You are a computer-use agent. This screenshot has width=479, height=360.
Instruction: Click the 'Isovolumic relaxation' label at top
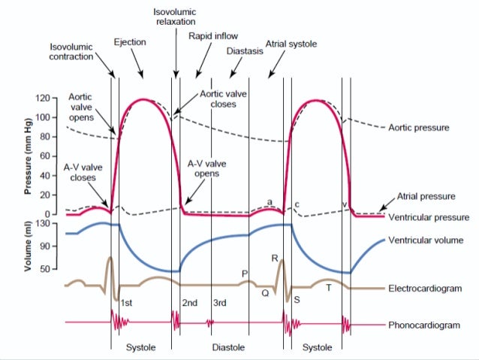[x=175, y=17]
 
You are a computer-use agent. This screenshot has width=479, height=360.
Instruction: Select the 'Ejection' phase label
[x=129, y=42]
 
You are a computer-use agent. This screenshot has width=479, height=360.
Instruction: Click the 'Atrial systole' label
[x=291, y=44]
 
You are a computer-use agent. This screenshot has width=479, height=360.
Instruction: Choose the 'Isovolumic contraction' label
[x=72, y=51]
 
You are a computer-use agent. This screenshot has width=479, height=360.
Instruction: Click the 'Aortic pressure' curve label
[x=419, y=128]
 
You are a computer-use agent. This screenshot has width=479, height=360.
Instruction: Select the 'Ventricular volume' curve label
[x=425, y=241]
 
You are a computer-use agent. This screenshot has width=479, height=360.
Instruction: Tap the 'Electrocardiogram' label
[x=424, y=288]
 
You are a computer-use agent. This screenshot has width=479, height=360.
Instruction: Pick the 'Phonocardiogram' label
[x=423, y=325]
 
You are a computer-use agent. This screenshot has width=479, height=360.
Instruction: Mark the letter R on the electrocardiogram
[x=276, y=258]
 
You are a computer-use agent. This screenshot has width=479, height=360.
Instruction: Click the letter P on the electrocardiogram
[x=244, y=274]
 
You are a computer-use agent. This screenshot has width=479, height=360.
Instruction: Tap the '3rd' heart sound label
[x=219, y=303]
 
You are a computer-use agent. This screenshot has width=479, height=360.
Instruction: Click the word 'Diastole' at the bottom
[x=227, y=348]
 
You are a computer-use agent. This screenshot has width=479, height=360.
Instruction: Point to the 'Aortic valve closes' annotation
[x=218, y=99]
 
